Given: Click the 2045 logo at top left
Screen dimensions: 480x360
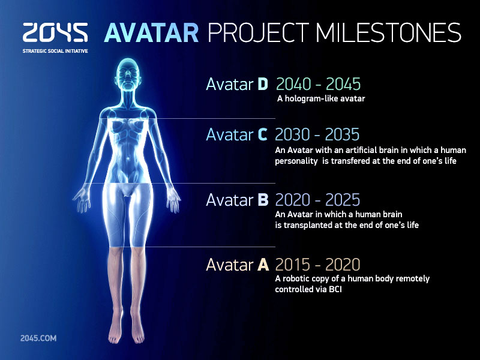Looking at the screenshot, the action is (55, 32).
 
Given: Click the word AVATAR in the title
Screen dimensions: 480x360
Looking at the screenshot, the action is (152, 33).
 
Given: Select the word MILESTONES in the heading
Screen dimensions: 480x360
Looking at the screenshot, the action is (388, 32).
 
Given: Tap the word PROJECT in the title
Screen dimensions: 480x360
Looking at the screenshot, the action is (259, 33).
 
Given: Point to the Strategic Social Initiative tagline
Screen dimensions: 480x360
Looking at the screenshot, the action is (55, 51).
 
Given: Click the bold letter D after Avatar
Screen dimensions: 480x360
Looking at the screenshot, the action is (263, 84).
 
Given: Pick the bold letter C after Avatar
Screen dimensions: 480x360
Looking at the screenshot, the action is (262, 134).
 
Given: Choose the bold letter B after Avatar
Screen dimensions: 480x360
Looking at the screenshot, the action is (263, 200).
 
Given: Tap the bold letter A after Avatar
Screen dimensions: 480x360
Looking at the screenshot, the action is (263, 265).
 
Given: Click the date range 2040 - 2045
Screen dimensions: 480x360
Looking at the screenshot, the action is (319, 84).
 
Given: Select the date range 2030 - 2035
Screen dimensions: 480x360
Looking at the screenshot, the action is (317, 134).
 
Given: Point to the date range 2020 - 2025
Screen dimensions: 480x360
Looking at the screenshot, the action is (317, 200).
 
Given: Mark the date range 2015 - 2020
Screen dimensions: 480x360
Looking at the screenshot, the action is (317, 265).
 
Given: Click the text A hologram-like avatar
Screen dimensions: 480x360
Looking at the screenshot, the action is (321, 99).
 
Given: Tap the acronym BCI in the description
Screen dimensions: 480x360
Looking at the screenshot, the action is (335, 289).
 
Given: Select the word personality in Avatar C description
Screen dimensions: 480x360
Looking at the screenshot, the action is (296, 161).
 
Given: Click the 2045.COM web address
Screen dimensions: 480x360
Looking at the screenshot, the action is (38, 338).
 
